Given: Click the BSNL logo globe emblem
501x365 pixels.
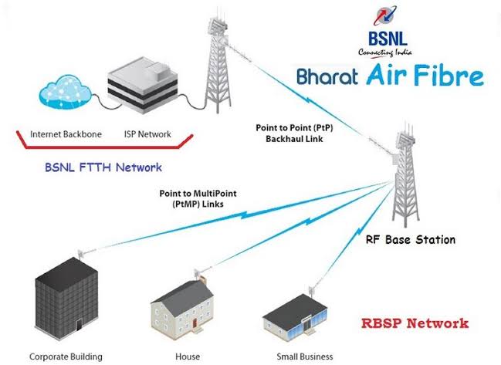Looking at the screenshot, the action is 385,16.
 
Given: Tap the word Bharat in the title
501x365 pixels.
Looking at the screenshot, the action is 327,76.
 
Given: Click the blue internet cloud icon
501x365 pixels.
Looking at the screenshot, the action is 65,92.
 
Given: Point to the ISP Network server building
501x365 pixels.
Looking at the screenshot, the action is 143,85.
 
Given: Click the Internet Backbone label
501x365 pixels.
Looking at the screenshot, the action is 66,134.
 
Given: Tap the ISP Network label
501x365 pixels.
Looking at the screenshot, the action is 147,134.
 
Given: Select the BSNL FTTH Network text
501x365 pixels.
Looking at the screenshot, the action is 103,167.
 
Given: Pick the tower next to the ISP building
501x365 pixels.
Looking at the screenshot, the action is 218,63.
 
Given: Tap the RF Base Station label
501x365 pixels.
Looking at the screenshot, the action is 411,239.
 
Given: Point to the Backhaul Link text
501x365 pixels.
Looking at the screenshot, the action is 294,139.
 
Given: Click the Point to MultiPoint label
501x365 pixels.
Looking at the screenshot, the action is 198,193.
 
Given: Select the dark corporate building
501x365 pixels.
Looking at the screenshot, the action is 66,299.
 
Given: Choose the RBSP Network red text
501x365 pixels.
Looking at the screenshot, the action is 415,323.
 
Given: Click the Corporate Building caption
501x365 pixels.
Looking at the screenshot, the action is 66,357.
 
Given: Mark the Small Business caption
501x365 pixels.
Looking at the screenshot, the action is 305,357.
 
